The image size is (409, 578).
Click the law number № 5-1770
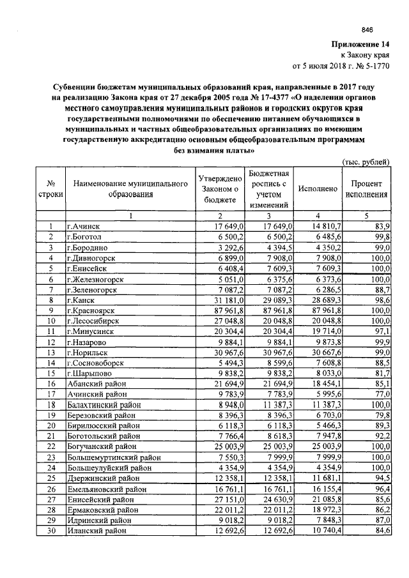[373, 65]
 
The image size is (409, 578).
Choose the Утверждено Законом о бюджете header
[219, 189]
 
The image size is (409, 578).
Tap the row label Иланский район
[98, 530]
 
